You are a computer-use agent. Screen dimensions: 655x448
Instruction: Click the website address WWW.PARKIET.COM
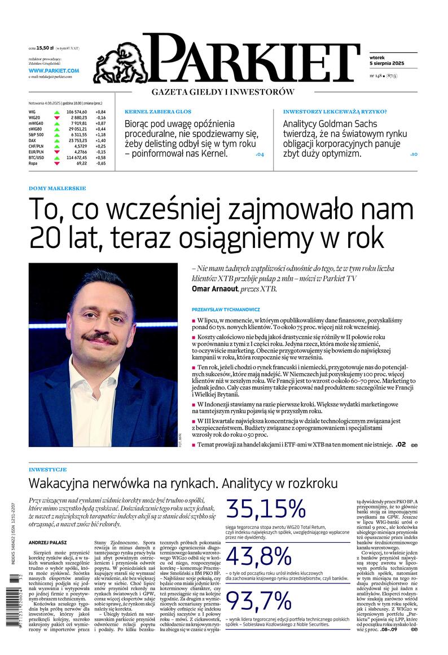pyautogui.click(x=54, y=70)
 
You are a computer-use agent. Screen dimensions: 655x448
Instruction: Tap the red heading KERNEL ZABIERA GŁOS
pyautogui.click(x=158, y=112)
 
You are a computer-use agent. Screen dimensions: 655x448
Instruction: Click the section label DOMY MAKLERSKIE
pyautogui.click(x=57, y=188)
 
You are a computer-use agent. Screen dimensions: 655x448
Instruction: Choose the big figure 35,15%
pyautogui.click(x=265, y=509)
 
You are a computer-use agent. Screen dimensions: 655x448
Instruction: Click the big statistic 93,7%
pyautogui.click(x=260, y=606)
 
